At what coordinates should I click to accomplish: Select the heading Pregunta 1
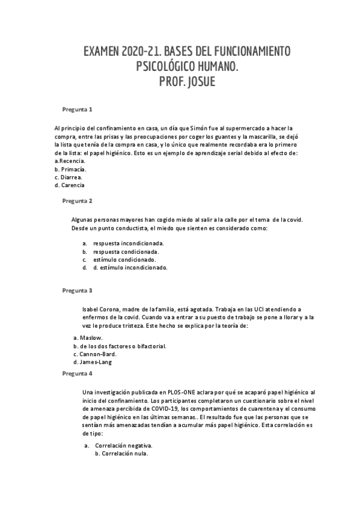tap(78, 109)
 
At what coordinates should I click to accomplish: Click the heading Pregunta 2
tap(78, 200)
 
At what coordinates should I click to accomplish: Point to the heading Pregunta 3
tap(78, 290)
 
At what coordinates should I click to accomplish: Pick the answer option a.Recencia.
tap(70, 161)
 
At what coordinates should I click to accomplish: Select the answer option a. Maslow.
tap(88, 338)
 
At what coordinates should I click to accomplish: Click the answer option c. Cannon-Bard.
tap(94, 354)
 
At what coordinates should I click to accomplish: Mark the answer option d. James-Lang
tap(92, 362)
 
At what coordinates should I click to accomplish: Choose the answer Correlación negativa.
tap(124, 446)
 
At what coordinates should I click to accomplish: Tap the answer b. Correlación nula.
tap(121, 453)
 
